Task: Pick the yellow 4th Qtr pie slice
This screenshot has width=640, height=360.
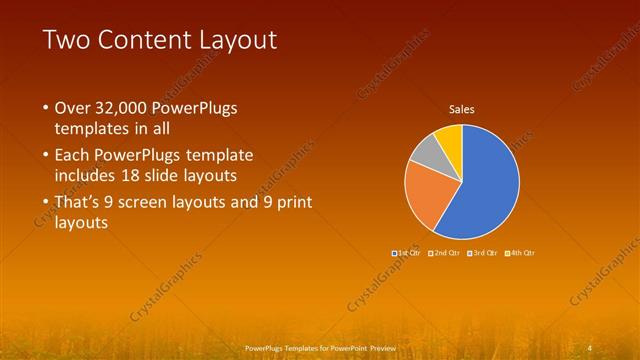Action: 450,136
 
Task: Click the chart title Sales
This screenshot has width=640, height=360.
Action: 461,109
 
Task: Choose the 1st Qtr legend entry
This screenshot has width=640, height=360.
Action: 408,253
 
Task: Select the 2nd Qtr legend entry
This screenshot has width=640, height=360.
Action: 445,253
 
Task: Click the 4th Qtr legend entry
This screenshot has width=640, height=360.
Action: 521,253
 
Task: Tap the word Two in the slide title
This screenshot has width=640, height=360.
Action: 66,40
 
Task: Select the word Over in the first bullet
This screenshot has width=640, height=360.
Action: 71,108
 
